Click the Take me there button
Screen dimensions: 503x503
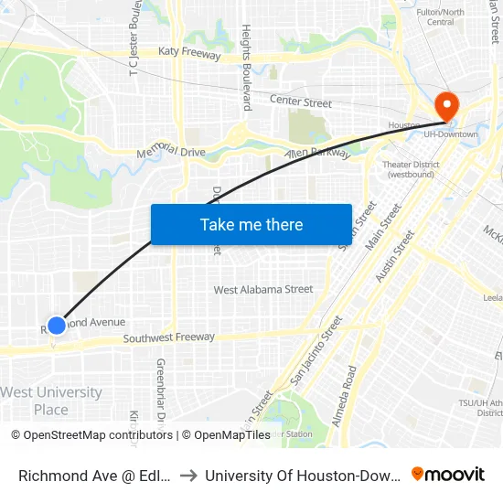(x=251, y=224)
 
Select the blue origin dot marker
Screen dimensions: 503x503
(x=57, y=325)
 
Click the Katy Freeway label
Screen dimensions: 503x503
(x=189, y=55)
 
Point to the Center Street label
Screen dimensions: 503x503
(x=300, y=102)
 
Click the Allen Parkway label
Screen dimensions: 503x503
(x=317, y=153)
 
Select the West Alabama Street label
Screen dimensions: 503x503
(x=263, y=290)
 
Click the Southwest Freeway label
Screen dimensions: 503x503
(x=170, y=338)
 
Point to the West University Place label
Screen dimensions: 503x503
(x=51, y=401)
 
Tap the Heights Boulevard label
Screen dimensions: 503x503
(x=247, y=68)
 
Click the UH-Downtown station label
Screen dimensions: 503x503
(x=451, y=134)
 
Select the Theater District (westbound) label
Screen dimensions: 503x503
(x=411, y=169)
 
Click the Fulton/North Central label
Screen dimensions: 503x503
(x=440, y=16)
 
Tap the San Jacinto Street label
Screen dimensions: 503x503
(x=316, y=350)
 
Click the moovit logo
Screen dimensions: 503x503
(x=448, y=474)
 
